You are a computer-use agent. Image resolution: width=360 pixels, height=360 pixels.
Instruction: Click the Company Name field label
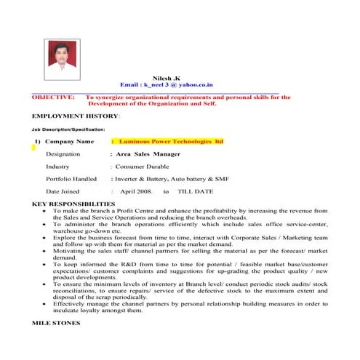point(69,141)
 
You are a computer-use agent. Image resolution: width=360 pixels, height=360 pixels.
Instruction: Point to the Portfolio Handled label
point(71,179)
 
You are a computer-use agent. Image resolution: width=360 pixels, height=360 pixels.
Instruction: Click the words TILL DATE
point(196,191)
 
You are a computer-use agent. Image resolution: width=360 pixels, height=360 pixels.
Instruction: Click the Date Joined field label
point(64,191)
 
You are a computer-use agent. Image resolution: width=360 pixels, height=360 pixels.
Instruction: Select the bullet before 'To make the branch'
point(45,211)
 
